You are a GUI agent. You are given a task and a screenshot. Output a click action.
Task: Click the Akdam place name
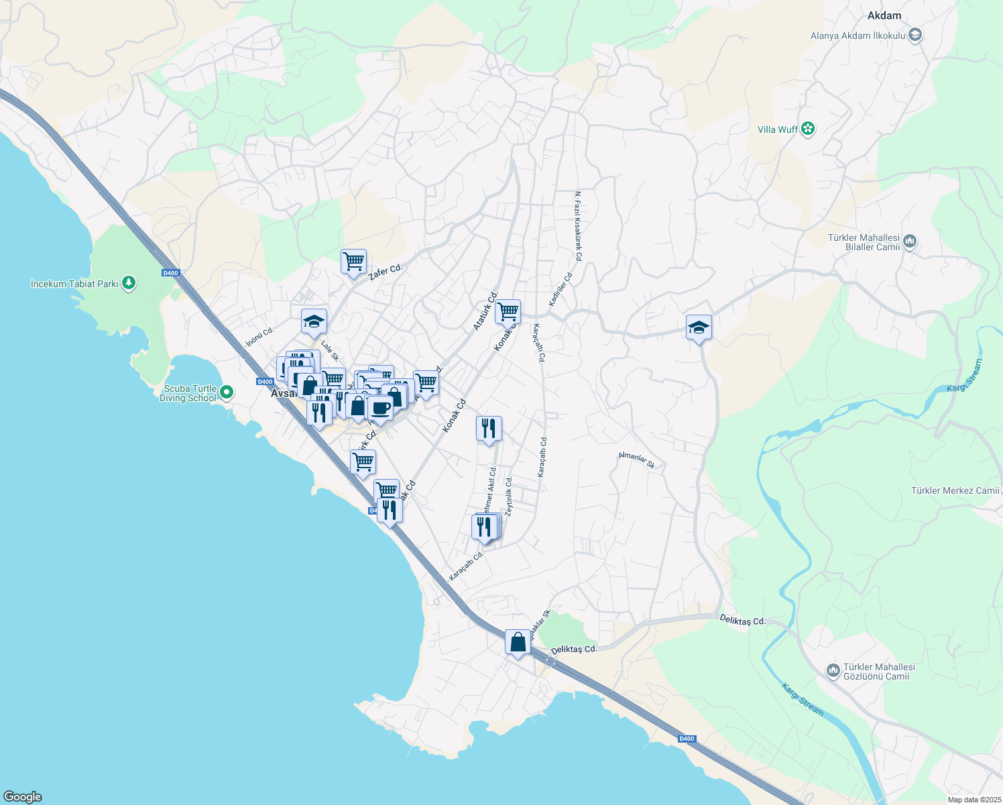click(884, 15)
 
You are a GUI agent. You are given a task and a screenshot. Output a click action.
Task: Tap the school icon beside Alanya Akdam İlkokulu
click(915, 36)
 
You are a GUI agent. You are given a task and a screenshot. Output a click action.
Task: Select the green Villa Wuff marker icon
click(808, 129)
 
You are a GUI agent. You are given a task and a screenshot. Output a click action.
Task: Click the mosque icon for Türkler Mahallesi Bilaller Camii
click(910, 241)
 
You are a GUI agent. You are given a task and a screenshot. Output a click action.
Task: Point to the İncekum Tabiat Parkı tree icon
click(129, 284)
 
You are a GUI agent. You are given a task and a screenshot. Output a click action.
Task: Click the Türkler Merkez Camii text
click(955, 490)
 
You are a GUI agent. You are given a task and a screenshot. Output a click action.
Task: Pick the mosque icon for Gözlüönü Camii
click(833, 671)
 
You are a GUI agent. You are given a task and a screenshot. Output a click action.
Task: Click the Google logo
click(22, 797)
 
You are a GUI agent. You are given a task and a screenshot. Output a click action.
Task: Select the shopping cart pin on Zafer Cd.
click(353, 261)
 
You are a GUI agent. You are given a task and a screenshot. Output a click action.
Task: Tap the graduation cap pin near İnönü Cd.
click(314, 321)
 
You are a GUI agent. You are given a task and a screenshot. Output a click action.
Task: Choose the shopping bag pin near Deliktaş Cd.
click(518, 642)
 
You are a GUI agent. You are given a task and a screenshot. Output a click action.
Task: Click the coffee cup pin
click(380, 408)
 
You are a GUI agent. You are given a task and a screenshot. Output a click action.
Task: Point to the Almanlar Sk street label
click(636, 460)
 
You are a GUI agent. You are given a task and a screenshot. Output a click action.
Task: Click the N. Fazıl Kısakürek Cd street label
click(578, 226)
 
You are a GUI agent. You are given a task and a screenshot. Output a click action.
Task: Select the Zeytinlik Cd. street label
click(508, 496)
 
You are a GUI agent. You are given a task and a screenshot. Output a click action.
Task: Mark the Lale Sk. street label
click(330, 352)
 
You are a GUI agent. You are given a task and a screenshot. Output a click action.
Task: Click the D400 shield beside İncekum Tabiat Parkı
click(170, 272)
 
